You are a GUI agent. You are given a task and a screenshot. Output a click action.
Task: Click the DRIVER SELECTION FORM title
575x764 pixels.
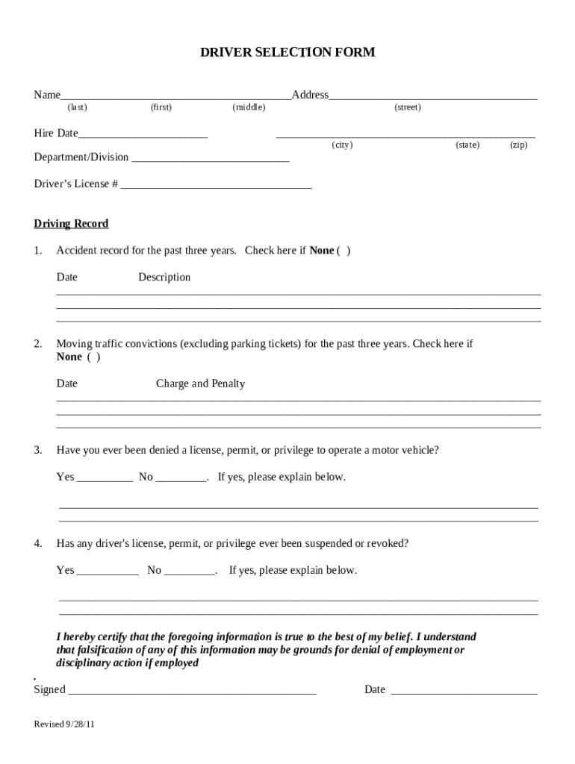pos(287,52)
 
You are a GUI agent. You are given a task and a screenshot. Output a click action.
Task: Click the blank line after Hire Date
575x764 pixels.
pos(143,135)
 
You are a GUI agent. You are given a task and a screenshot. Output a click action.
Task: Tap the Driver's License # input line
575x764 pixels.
pos(216,186)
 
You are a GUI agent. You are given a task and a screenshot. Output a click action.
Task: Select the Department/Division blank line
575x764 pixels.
pos(210,159)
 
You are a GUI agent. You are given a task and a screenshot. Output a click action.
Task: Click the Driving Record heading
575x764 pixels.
pos(71,224)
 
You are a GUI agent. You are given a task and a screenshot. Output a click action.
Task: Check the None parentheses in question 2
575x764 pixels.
pos(93,357)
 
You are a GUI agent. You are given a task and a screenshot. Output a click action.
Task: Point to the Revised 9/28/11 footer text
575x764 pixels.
pos(64,724)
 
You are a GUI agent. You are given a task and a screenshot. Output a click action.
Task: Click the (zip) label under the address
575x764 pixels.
pos(518,145)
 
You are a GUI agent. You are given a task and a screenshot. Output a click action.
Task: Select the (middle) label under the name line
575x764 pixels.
pos(249,107)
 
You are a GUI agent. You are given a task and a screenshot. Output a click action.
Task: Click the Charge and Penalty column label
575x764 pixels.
pos(200,384)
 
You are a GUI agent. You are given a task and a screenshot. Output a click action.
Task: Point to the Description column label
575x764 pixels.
pos(164,278)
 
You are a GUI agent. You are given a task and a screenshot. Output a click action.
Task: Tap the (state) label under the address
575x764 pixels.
pos(467,145)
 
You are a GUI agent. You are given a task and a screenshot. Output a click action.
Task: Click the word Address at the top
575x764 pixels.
pos(310,95)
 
